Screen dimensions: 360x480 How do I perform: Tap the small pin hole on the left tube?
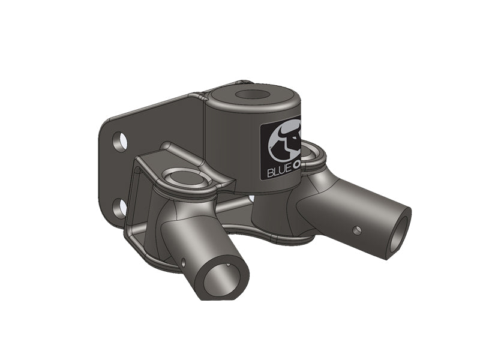182,262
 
